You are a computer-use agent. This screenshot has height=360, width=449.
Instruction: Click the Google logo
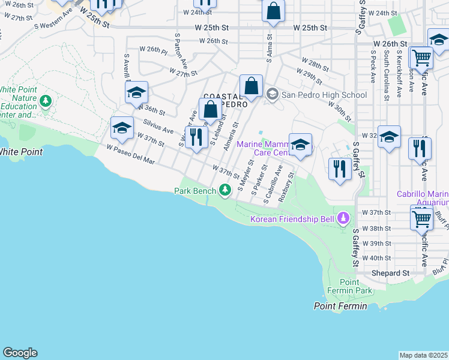click(20, 353)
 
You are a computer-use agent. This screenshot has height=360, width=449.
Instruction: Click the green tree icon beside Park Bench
click(225, 191)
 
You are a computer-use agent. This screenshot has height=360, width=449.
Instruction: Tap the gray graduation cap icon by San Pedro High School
click(273, 94)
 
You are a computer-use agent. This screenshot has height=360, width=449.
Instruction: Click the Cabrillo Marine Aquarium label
click(422, 199)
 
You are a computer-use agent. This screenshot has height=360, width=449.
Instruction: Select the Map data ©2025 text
click(423, 355)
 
